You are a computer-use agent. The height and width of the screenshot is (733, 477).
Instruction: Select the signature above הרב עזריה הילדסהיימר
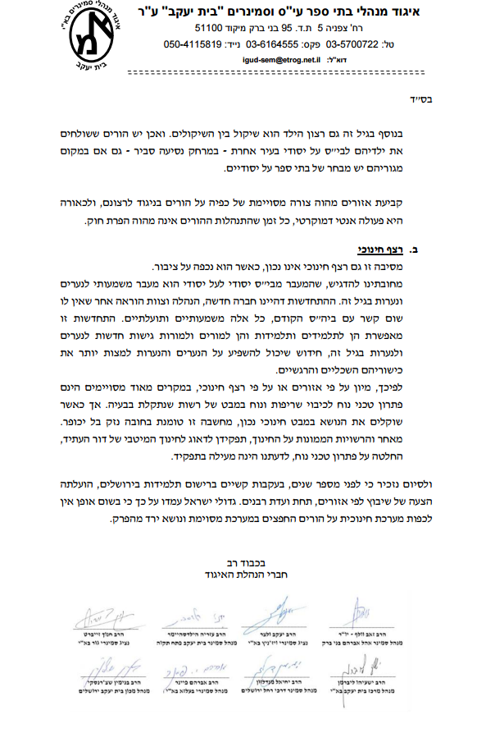(198, 613)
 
